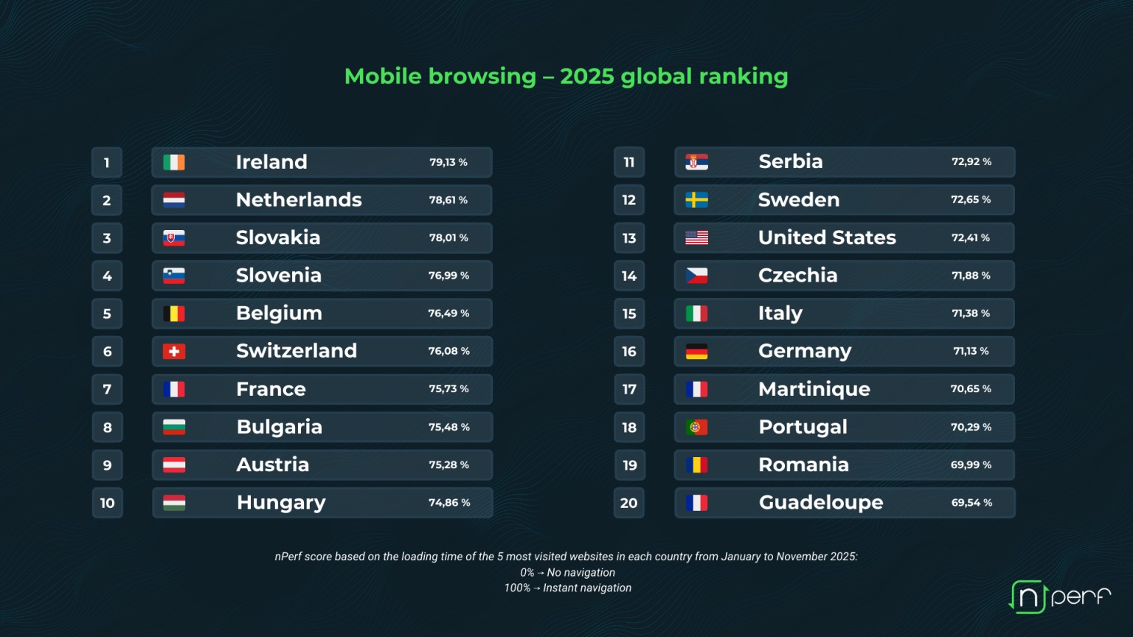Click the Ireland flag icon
coord(174,162)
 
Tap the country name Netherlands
coord(299,200)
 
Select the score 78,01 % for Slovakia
coord(448,237)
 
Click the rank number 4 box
coord(107,276)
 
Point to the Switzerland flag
coord(174,352)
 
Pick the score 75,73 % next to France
coord(448,389)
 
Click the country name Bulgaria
coord(280,427)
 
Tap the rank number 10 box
coord(107,503)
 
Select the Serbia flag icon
coord(696,162)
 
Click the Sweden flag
coord(696,200)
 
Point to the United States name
coord(827,237)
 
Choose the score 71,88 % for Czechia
coord(971,276)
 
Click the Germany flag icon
coord(696,352)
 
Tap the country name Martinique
coord(814,389)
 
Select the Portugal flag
coord(696,427)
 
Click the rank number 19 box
coord(629,465)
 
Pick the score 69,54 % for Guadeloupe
coord(971,503)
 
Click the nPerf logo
coord(1059,596)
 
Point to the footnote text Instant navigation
coord(587,588)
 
